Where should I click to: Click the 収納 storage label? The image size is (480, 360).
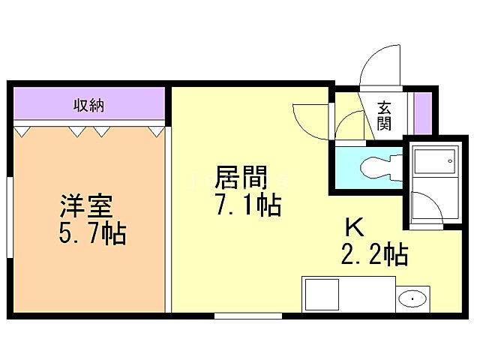(x=88, y=104)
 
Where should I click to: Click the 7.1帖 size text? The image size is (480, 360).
(x=247, y=205)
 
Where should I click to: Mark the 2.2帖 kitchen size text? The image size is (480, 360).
(x=374, y=255)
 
